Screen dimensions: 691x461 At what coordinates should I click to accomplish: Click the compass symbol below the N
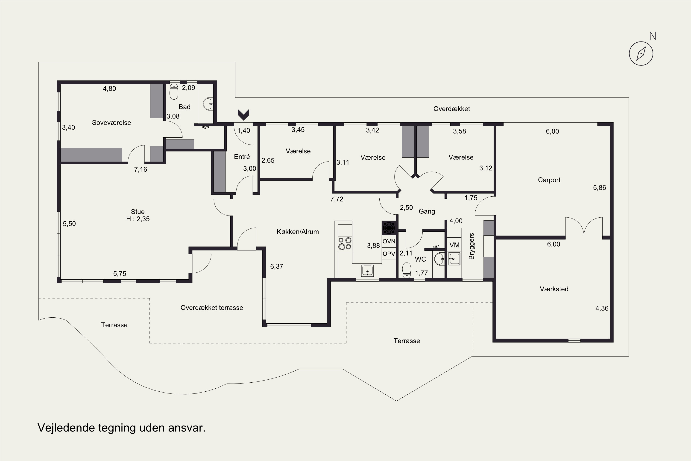[641, 53]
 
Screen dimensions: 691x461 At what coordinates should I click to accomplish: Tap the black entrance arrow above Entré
[243, 115]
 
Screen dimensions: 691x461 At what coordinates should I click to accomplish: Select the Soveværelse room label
[111, 123]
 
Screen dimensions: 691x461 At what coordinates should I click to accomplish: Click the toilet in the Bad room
[174, 92]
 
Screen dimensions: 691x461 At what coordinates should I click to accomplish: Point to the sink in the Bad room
[208, 104]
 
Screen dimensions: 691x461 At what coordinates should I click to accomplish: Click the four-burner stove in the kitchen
[345, 244]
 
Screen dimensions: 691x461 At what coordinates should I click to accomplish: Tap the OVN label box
[389, 241]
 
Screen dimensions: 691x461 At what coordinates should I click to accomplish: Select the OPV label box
[389, 254]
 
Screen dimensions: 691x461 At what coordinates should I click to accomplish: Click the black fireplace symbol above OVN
[389, 228]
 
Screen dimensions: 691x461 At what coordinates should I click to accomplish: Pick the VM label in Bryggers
[454, 245]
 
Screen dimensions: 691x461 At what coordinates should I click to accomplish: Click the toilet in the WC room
[406, 270]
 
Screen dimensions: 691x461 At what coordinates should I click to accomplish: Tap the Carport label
[549, 180]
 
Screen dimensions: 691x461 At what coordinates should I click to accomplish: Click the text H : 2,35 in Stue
[138, 219]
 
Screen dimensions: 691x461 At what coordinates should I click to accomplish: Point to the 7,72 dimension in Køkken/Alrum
[337, 199]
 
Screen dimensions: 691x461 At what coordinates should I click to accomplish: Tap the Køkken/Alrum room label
[298, 232]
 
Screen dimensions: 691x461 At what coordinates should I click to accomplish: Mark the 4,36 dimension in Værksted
[602, 308]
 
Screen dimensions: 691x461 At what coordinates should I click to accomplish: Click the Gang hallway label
[427, 211]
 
